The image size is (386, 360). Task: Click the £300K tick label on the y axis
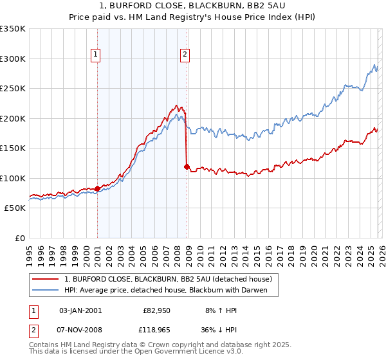tap(13, 59)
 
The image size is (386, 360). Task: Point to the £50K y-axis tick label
tap(15, 208)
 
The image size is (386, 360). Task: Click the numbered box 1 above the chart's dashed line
tap(95, 55)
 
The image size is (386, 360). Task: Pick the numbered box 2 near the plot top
tap(185, 55)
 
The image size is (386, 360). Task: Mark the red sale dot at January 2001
tap(97, 188)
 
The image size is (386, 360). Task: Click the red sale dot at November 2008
tap(187, 167)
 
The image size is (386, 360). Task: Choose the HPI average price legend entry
tap(170, 290)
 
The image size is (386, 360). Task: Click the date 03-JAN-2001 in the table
tap(80, 310)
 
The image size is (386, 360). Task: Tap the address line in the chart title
tap(192, 6)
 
